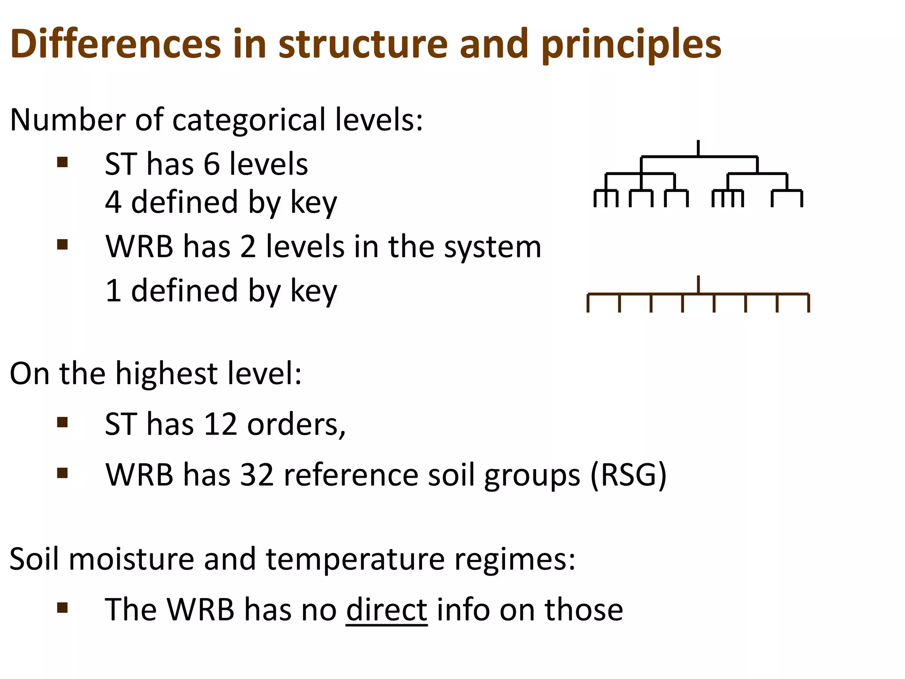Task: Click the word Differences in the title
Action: (x=115, y=44)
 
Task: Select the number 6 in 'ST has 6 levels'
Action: (x=211, y=164)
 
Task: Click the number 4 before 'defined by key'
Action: (x=113, y=202)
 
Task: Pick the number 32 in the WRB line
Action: (x=257, y=475)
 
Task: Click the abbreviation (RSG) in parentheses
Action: (x=629, y=476)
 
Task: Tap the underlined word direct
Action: (x=387, y=610)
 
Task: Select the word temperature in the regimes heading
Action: (x=355, y=559)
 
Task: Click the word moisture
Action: (x=131, y=559)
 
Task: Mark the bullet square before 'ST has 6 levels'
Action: (x=62, y=162)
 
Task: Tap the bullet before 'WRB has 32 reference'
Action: (x=62, y=473)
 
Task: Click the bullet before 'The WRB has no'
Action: (x=62, y=608)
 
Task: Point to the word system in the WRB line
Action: (x=492, y=247)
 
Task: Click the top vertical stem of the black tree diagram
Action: (x=698, y=148)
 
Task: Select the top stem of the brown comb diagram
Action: (x=698, y=284)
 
